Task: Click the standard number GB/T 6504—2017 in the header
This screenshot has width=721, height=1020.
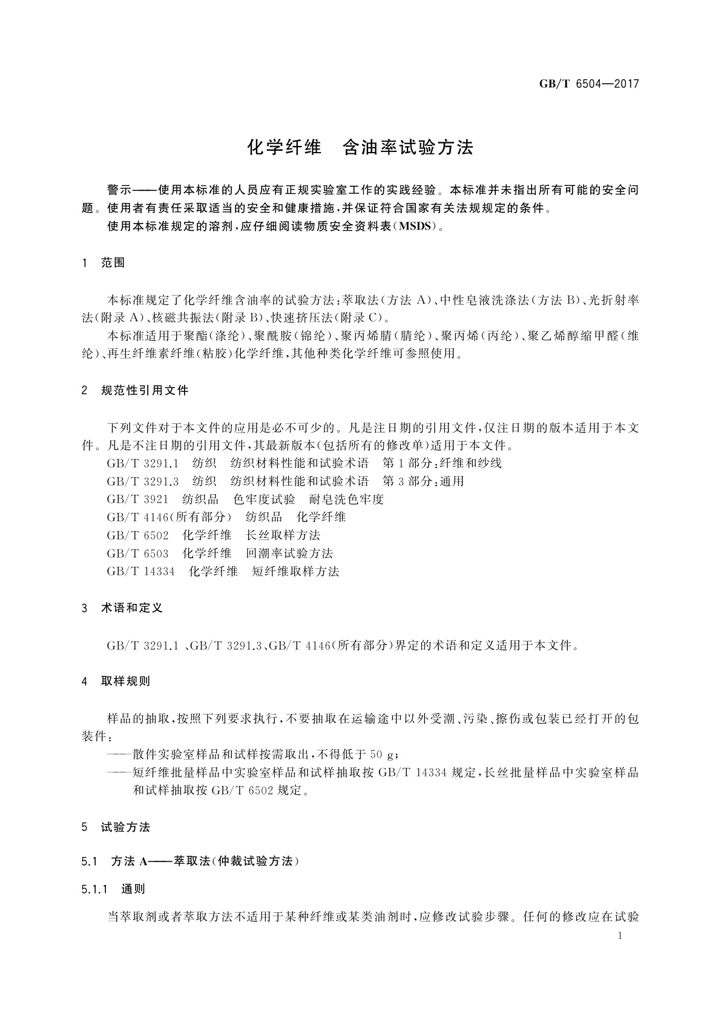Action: [x=588, y=84]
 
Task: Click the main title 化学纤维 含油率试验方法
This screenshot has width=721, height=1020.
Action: [x=360, y=147]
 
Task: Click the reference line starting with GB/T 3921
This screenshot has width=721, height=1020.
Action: [x=245, y=499]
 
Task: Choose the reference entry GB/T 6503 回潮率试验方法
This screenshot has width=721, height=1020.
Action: [x=220, y=553]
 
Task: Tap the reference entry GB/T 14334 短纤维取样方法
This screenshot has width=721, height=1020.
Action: [x=223, y=571]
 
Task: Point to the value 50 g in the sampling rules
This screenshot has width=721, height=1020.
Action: [x=382, y=755]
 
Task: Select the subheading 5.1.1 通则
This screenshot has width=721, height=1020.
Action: [x=113, y=890]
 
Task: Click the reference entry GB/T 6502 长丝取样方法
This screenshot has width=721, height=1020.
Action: [x=214, y=535]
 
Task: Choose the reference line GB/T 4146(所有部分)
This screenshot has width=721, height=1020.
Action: [x=226, y=517]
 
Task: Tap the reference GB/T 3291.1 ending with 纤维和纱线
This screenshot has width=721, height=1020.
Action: [x=304, y=463]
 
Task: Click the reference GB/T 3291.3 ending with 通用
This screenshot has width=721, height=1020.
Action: [x=285, y=482]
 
